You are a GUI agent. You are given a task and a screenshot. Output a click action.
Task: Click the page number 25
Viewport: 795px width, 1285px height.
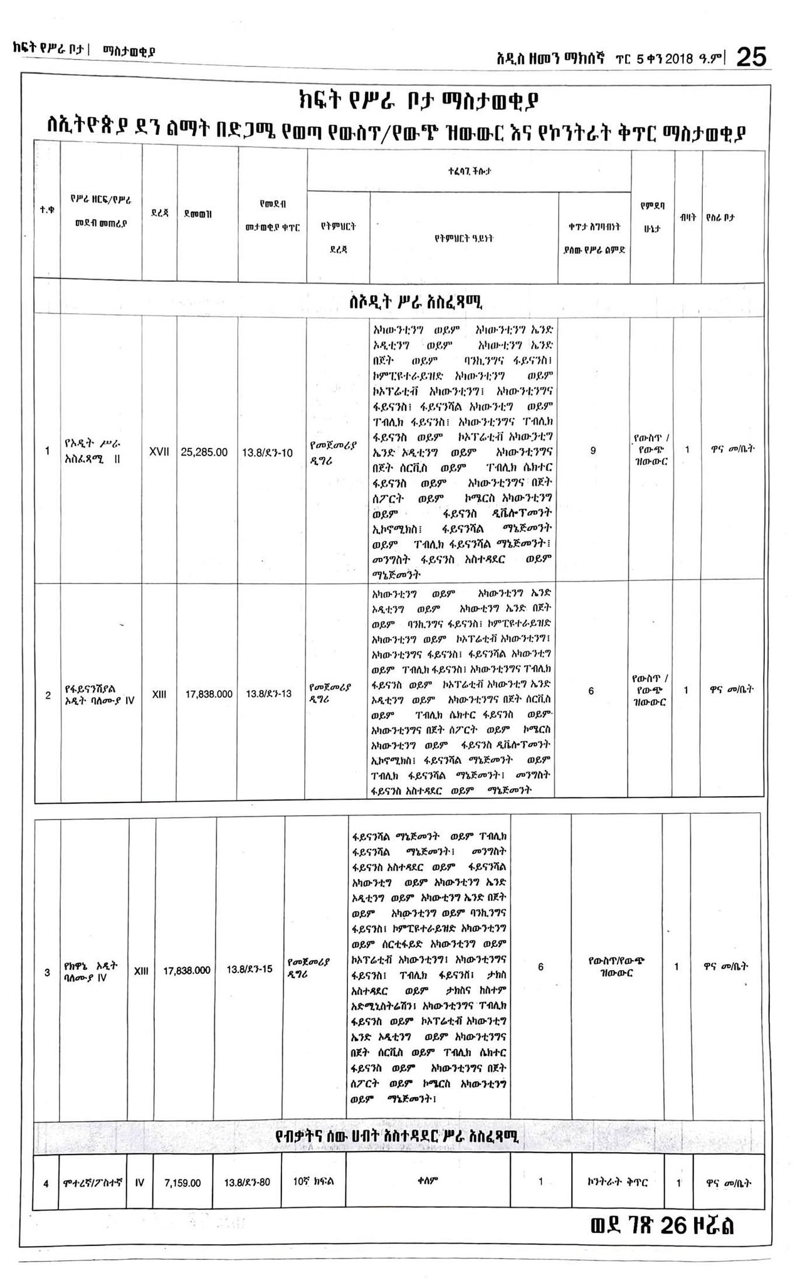point(750,58)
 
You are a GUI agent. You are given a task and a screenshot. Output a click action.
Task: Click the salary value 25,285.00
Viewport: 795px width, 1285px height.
point(204,452)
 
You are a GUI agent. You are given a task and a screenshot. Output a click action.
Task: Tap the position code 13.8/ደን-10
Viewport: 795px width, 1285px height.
point(267,452)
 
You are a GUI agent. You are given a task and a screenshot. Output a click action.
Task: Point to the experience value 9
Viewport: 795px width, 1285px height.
point(593,451)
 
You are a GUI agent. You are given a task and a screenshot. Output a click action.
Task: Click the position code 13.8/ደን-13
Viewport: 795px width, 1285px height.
point(268,694)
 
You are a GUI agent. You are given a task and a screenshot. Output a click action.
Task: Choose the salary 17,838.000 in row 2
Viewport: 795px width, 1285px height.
point(209,694)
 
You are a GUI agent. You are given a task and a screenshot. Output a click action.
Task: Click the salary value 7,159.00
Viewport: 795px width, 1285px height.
point(182,1183)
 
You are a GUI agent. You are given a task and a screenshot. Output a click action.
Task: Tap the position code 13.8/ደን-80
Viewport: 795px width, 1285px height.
point(247,1183)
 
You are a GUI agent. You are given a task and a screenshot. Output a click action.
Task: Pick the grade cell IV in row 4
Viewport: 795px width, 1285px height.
point(140,1183)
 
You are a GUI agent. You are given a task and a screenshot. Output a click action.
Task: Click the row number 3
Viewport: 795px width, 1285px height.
point(47,973)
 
